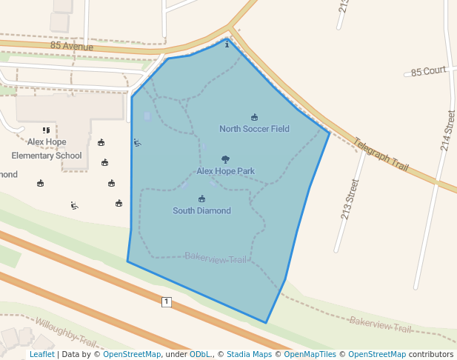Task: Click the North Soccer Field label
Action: pos(254,129)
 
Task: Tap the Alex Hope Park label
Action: pos(225,171)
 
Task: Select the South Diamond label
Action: pos(201,211)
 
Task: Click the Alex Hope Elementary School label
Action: pos(47,149)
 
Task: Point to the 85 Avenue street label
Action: pos(72,46)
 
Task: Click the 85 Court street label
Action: pos(429,71)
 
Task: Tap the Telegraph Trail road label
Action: pos(380,155)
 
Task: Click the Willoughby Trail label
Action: pos(66,332)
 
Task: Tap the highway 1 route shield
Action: pos(166,301)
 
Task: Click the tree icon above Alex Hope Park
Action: pos(225,159)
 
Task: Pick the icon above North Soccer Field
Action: pos(254,117)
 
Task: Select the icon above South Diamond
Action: pos(201,199)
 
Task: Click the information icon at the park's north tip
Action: pos(227,45)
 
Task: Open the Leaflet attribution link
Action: pos(41,355)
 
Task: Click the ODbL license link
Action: pos(200,355)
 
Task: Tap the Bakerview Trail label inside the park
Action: pos(216,259)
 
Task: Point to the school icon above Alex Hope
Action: pos(46,130)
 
